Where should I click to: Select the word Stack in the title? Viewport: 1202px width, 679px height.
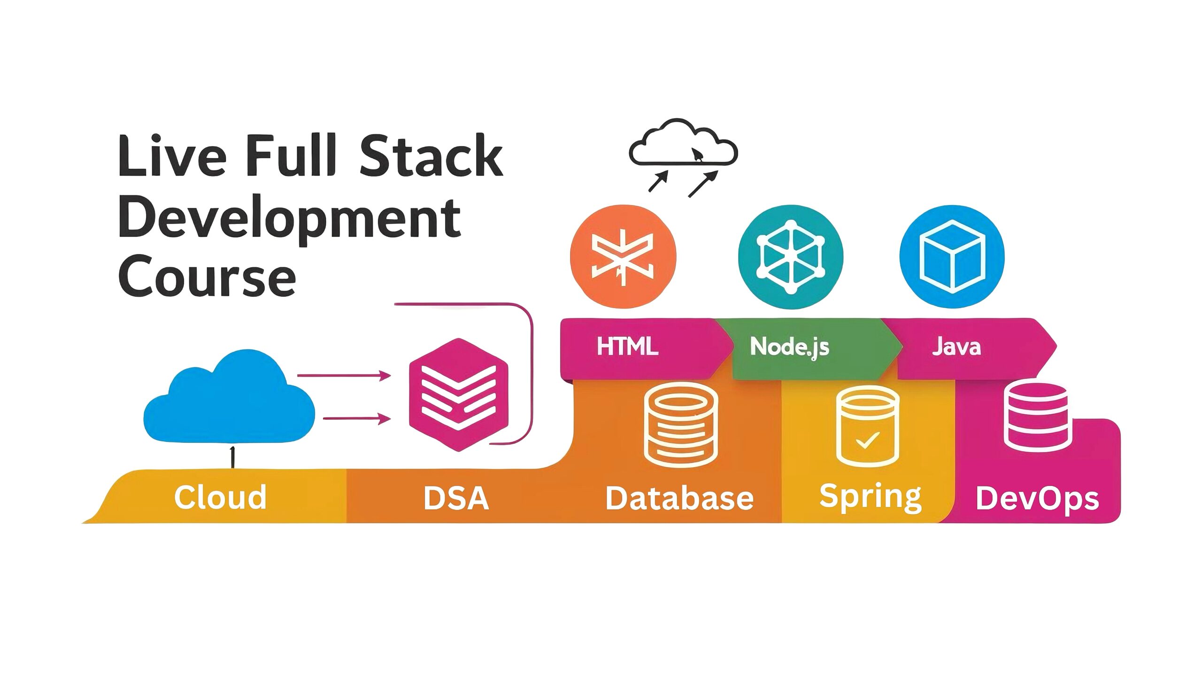pyautogui.click(x=431, y=155)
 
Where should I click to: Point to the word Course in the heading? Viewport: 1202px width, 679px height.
pyautogui.click(x=207, y=276)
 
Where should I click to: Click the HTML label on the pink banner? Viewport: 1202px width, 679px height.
pyautogui.click(x=627, y=347)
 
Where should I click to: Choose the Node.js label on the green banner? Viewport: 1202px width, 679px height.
pyautogui.click(x=790, y=347)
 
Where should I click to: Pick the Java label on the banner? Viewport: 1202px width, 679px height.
pyautogui.click(x=956, y=347)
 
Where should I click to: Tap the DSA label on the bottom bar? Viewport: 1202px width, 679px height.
pyautogui.click(x=456, y=498)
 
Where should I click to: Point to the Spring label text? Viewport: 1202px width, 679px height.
pyautogui.click(x=871, y=498)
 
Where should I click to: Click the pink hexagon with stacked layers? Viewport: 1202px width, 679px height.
pyautogui.click(x=459, y=395)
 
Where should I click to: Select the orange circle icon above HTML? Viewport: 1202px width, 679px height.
pyautogui.click(x=623, y=256)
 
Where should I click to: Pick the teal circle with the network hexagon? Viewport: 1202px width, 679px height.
pyautogui.click(x=791, y=256)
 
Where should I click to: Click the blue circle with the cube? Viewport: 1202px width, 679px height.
pyautogui.click(x=952, y=256)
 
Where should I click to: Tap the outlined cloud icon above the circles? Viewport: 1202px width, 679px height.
pyautogui.click(x=683, y=142)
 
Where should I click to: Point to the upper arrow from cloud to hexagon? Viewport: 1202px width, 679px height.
pyautogui.click(x=344, y=376)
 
